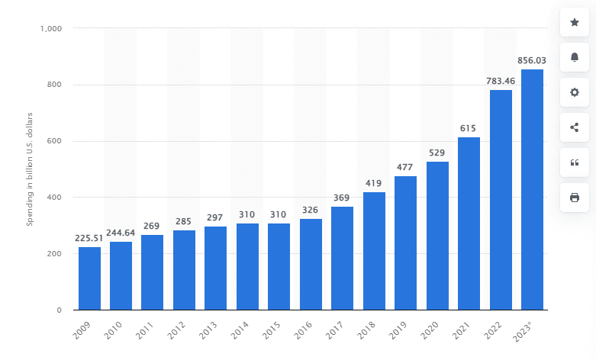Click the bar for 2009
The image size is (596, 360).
(x=89, y=278)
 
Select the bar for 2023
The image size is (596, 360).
(x=532, y=190)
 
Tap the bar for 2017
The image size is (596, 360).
(x=343, y=259)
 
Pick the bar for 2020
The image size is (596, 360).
(x=437, y=236)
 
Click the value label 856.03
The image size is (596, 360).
(x=531, y=60)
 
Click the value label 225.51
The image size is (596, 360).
(x=89, y=237)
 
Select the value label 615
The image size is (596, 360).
(x=469, y=128)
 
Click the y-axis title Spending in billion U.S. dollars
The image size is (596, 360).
(x=31, y=169)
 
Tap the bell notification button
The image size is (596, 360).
(x=575, y=57)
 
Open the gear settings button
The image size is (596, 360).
(x=575, y=92)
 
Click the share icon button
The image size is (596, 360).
(x=575, y=127)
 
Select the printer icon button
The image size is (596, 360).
(x=575, y=198)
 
